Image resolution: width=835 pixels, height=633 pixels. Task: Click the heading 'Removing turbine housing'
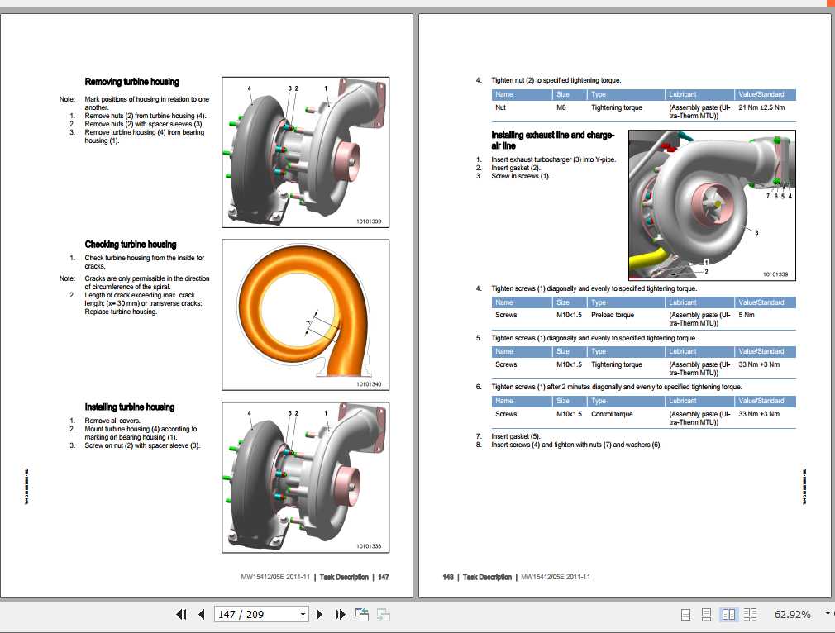coord(131,82)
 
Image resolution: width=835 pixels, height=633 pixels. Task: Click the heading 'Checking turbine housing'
coord(130,245)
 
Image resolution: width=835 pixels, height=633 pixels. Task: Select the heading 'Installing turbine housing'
coord(129,407)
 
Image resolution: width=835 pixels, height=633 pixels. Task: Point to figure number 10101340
coord(369,384)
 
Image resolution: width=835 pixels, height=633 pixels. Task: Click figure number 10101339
coord(775,274)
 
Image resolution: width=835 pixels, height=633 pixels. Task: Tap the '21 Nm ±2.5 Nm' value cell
coord(761,107)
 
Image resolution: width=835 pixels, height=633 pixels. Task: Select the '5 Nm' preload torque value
coord(747,315)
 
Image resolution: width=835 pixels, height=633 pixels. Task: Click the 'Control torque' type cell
coord(612,414)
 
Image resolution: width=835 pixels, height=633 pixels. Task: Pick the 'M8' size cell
coord(561,107)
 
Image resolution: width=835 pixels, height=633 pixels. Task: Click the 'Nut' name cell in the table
coord(500,107)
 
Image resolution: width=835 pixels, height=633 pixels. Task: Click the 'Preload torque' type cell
coord(613,315)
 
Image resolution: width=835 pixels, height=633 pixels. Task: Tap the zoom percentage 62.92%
coord(792,615)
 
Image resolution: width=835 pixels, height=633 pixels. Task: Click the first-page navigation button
coord(181,615)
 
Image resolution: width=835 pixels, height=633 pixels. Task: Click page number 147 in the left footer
coord(384,577)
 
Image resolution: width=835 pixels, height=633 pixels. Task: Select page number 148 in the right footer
coord(448,577)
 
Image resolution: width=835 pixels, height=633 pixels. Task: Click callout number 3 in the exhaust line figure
coord(756,233)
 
